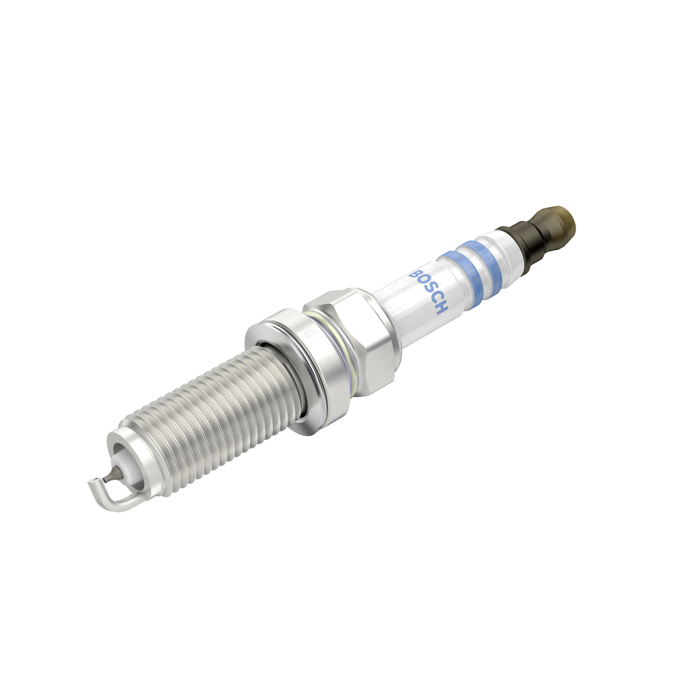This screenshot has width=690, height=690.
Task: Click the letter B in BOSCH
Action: [414, 276]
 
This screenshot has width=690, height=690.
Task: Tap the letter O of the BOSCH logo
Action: [420, 284]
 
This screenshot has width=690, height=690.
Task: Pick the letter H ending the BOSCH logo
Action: [440, 309]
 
